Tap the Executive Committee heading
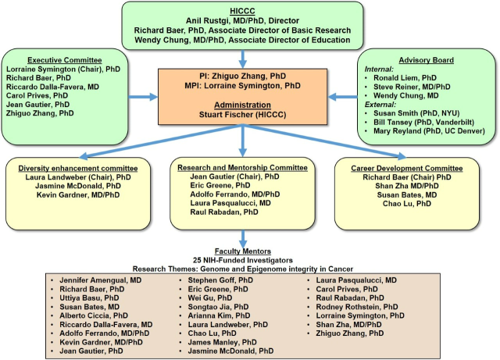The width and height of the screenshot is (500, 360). tap(66, 59)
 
